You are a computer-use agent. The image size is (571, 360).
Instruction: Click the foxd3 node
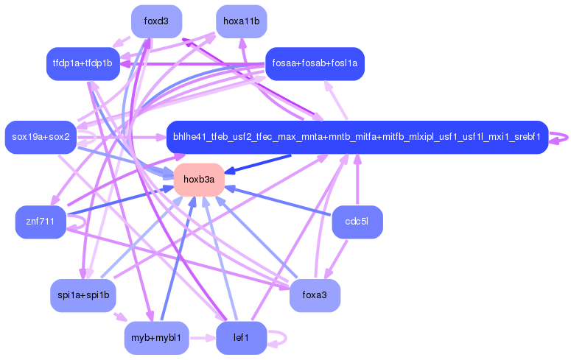coord(156,21)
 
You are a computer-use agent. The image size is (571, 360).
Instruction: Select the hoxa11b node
coord(241,21)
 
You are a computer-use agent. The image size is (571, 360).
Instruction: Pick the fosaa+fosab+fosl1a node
coord(315,63)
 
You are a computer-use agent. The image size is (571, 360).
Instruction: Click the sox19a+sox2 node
coord(41,137)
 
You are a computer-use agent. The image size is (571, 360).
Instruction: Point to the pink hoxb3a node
coord(199,179)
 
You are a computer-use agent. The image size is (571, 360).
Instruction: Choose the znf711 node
coord(41,222)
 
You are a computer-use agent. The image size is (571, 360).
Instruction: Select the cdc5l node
coord(357,222)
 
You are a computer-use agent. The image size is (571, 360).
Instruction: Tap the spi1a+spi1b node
coord(83,295)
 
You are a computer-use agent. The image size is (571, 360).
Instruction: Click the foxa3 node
coord(315,295)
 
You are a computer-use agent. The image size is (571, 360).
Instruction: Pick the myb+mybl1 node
coord(156,337)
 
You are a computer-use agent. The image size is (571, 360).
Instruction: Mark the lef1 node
coord(241,337)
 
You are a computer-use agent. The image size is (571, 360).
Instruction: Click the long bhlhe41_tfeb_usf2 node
coord(357,137)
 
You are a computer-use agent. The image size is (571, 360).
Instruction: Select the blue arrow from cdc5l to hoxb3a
coord(280,202)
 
